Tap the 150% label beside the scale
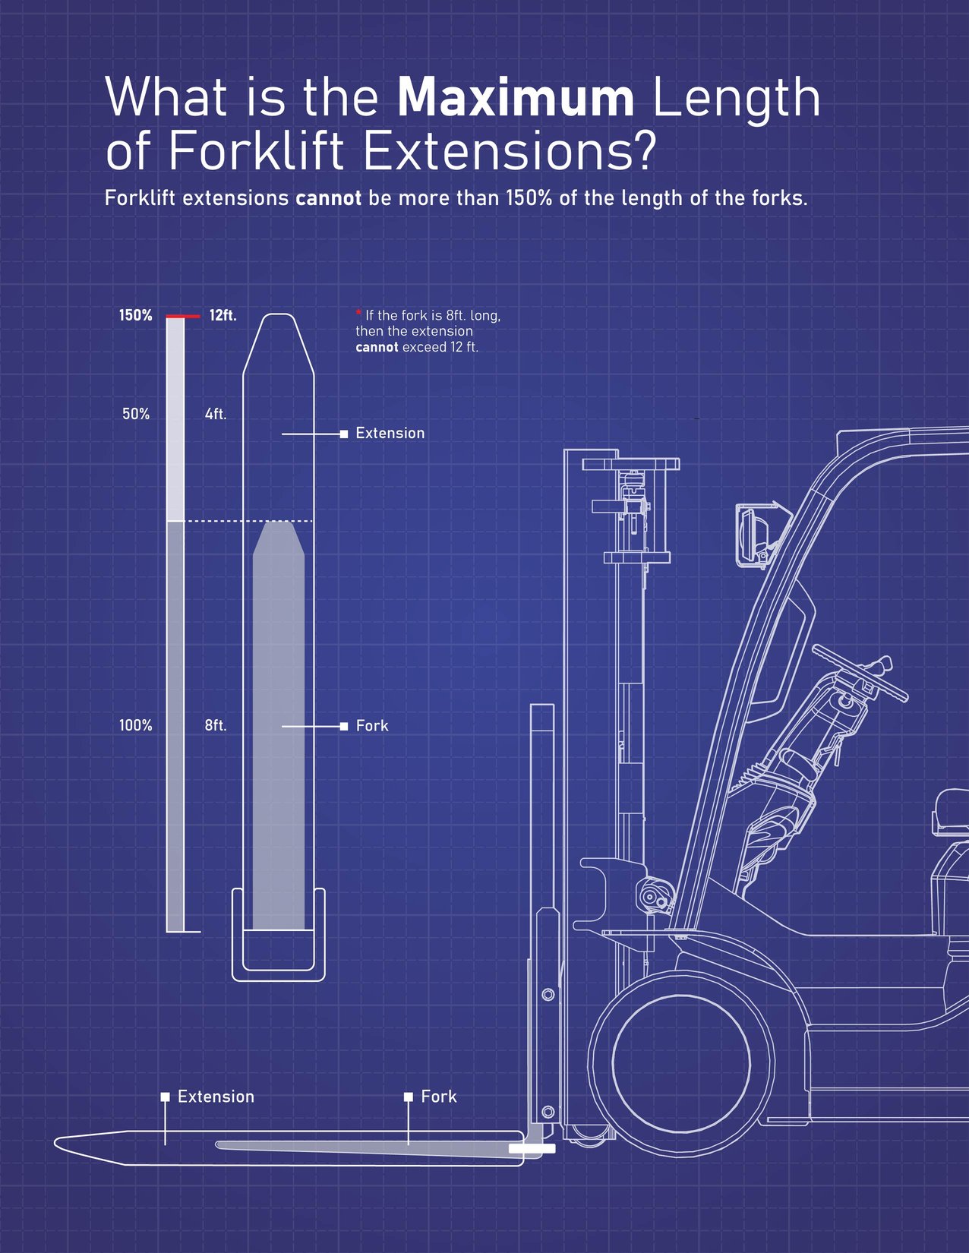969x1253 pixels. click(135, 315)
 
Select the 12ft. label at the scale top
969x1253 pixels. click(223, 315)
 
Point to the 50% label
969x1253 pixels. click(136, 414)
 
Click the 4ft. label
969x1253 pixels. click(216, 414)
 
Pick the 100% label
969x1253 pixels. click(135, 725)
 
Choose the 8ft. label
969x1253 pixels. click(216, 725)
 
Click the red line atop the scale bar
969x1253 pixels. click(182, 316)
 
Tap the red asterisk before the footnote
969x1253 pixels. click(358, 313)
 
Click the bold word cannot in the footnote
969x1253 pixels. click(377, 347)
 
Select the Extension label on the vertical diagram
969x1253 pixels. click(390, 433)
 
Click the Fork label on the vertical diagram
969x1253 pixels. click(372, 725)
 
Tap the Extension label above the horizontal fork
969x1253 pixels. click(216, 1097)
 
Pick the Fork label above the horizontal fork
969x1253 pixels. click(438, 1097)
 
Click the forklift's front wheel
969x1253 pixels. click(681, 1062)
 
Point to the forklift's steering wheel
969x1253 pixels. click(860, 673)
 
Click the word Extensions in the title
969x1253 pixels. click(508, 150)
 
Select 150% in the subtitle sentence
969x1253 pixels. click(529, 198)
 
